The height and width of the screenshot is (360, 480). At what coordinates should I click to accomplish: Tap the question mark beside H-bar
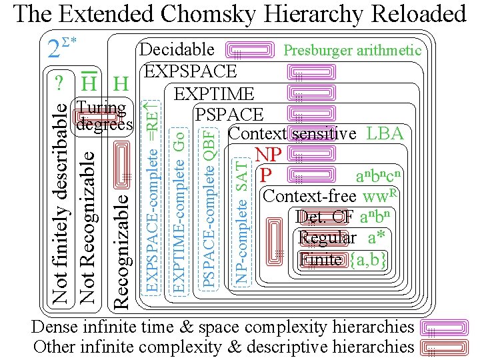coord(60,84)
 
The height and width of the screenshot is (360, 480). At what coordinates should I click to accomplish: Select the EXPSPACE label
coord(190,71)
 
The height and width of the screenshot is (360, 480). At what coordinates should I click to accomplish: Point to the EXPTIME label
coord(213,94)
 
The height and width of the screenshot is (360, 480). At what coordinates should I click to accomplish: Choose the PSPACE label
coord(229,115)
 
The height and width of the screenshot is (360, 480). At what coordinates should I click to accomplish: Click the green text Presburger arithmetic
coord(352,50)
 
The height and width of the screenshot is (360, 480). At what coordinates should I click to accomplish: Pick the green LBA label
coord(385,133)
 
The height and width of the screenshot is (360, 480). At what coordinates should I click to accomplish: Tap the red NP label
coord(269,155)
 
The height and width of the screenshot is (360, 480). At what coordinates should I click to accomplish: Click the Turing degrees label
coord(104,116)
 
